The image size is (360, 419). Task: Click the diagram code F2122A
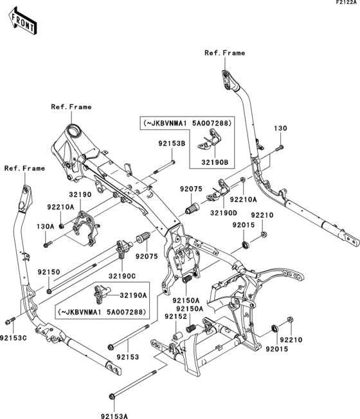(345, 4)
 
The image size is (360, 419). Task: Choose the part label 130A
(46, 226)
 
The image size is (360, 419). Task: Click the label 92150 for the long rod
(48, 272)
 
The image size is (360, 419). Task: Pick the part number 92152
(174, 317)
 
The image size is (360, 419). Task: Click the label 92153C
(14, 338)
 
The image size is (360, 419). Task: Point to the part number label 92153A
(113, 407)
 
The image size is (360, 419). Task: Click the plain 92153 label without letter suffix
(127, 356)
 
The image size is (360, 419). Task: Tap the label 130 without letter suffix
(280, 129)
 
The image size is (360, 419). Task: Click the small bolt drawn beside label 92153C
(8, 321)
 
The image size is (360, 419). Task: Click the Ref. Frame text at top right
(225, 53)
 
